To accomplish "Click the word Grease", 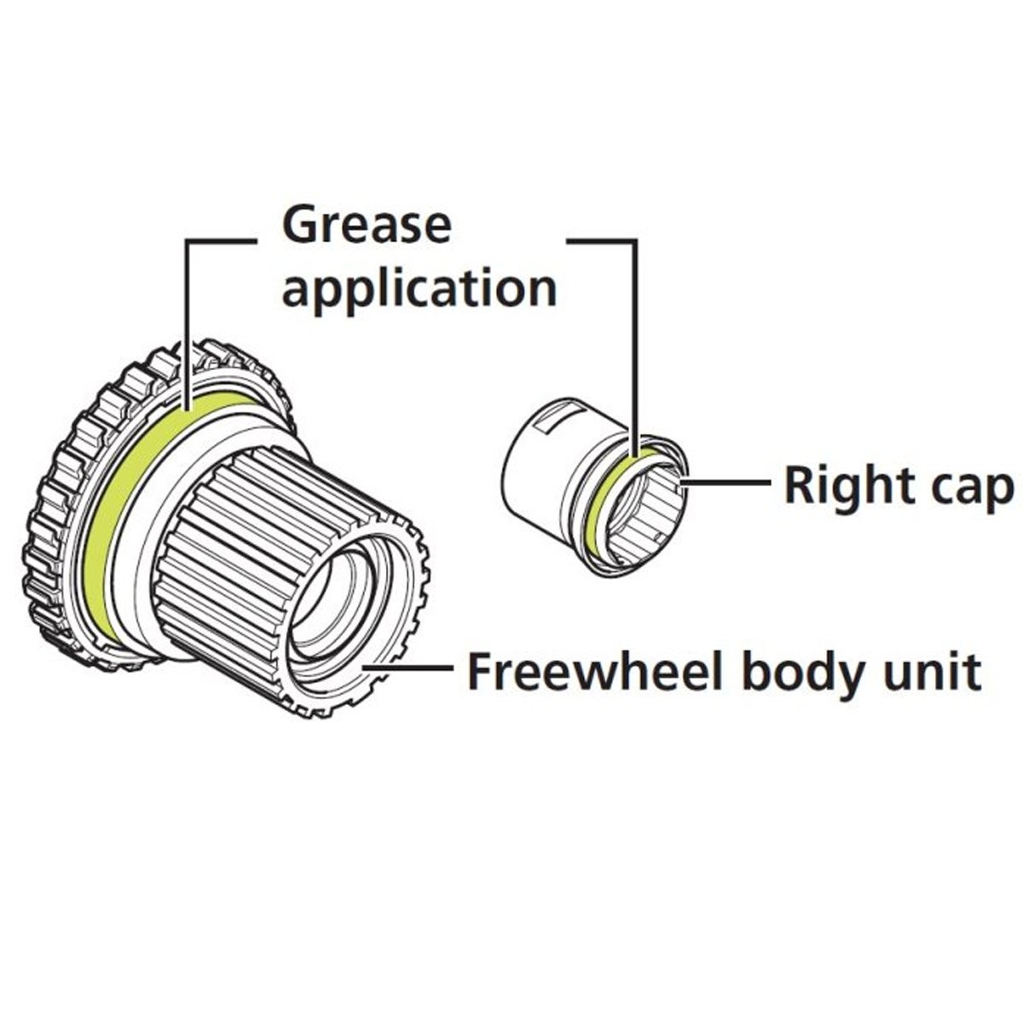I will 366,225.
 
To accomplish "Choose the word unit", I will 932,673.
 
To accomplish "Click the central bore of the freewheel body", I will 337,597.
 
